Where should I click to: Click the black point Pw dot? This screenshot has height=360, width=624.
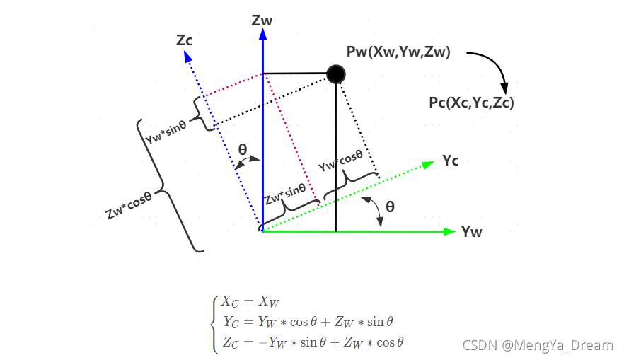coord(336,74)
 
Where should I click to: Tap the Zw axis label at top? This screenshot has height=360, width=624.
coord(262,21)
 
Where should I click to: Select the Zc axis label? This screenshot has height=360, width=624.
coord(185,40)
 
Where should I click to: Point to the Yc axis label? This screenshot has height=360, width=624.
coord(451,161)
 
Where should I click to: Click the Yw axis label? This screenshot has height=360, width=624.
coord(472,231)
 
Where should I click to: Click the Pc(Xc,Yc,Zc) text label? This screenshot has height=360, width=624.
coord(471,103)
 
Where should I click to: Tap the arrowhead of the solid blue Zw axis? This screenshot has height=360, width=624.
coord(262,35)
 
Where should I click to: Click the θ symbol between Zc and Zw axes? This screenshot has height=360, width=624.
coord(243,150)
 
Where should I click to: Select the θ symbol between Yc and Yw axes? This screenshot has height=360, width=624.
coord(390,207)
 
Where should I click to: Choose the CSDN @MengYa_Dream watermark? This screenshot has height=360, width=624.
coord(537,345)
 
